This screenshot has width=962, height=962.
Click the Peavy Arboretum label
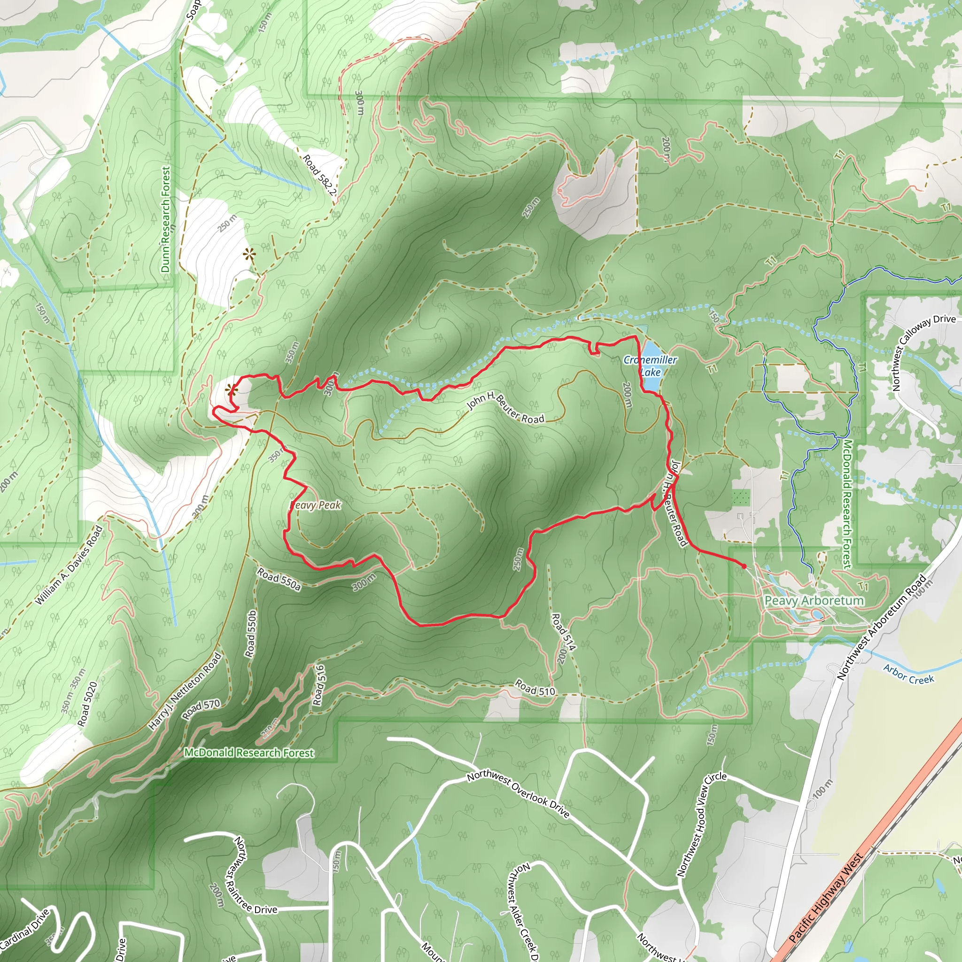pyautogui.click(x=814, y=600)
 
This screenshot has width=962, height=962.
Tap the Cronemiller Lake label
pyautogui.click(x=650, y=365)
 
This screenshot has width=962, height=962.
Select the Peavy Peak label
pyautogui.click(x=316, y=505)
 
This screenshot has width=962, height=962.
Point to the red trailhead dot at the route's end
pyautogui.click(x=744, y=566)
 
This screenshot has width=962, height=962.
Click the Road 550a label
pyautogui.click(x=279, y=580)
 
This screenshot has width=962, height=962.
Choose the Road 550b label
pyautogui.click(x=251, y=633)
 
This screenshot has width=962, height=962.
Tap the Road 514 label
pyautogui.click(x=563, y=632)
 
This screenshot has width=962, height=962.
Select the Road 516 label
pyautogui.click(x=319, y=685)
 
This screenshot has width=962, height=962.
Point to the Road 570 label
pyautogui.click(x=201, y=709)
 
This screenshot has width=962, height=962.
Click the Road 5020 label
pyautogui.click(x=87, y=704)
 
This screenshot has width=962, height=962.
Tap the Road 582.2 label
pyautogui.click(x=320, y=175)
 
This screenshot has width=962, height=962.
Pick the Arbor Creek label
pyautogui.click(x=908, y=674)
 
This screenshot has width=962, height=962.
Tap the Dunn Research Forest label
pyautogui.click(x=165, y=219)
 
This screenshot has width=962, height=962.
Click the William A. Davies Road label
pyautogui.click(x=69, y=566)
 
